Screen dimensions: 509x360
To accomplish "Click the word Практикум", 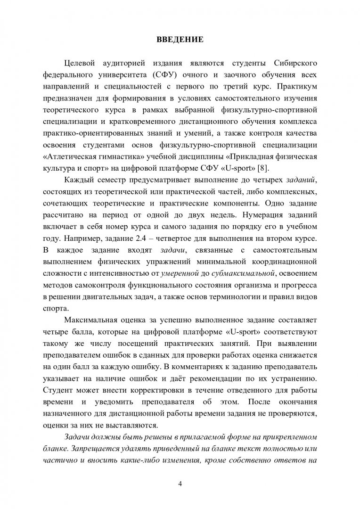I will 296,87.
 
